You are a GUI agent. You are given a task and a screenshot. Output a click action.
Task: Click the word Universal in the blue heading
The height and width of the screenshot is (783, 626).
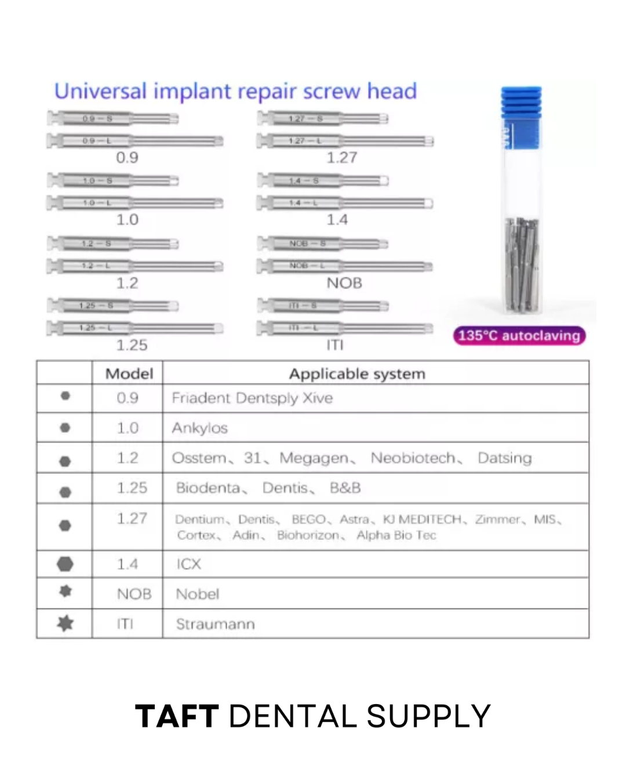(100, 92)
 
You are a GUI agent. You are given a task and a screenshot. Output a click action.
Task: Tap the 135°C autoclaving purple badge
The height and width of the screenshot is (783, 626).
(519, 336)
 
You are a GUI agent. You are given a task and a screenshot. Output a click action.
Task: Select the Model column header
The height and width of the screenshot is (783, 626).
(129, 374)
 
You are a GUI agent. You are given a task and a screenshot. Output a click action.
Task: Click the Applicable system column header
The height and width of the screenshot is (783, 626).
(357, 374)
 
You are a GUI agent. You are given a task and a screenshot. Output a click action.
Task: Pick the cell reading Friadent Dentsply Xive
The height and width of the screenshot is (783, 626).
(252, 398)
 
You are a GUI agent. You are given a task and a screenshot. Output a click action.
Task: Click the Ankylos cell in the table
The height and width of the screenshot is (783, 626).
(199, 428)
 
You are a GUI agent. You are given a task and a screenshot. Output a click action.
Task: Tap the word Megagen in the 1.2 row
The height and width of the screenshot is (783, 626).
(314, 458)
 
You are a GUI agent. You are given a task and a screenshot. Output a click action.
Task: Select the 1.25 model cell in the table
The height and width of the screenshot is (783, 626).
(132, 488)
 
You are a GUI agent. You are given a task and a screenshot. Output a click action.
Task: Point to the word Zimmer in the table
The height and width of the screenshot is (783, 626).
(497, 519)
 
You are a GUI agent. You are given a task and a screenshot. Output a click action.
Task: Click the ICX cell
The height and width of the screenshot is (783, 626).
(189, 564)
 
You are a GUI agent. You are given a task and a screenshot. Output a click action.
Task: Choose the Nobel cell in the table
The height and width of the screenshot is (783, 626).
(198, 594)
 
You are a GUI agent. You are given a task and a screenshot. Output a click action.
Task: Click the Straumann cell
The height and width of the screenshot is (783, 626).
(215, 624)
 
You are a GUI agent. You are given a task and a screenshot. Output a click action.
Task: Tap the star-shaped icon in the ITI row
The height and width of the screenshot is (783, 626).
(65, 623)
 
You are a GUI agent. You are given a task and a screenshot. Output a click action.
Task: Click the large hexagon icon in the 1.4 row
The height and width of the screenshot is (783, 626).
(65, 564)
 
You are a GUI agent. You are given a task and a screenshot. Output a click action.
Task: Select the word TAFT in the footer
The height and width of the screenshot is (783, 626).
(177, 716)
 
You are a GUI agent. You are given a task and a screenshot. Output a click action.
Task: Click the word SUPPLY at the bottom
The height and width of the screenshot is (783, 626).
(429, 716)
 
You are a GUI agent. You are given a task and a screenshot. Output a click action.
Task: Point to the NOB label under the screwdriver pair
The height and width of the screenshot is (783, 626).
(344, 283)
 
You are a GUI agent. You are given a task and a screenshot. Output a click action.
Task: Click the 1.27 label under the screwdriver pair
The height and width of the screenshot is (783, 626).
(342, 158)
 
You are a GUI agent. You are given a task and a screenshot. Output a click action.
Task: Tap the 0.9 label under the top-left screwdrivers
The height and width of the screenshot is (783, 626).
(127, 158)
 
